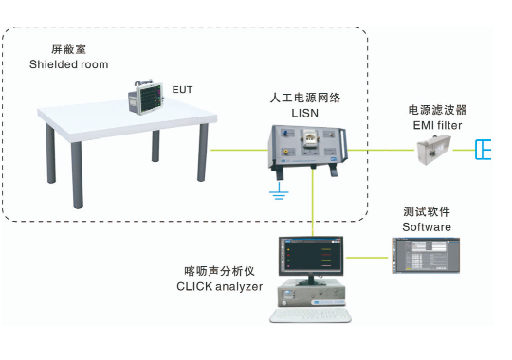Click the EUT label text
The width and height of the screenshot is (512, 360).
[x=182, y=90]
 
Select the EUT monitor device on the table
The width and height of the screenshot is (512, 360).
[x=145, y=97]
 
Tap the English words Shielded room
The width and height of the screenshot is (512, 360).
[x=68, y=64]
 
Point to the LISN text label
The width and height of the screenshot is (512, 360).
[x=304, y=113]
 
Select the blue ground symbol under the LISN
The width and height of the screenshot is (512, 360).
[x=279, y=191]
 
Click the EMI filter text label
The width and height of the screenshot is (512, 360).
[x=437, y=125]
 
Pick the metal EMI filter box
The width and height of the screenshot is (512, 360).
[x=434, y=150]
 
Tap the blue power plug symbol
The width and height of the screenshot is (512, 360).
[x=483, y=150]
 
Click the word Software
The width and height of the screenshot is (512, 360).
[x=427, y=226]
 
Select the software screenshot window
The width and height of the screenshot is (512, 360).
[x=426, y=256]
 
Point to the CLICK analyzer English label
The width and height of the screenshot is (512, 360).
[x=219, y=286]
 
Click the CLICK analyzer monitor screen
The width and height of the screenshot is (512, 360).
[x=311, y=256]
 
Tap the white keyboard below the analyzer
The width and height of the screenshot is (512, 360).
[x=310, y=315]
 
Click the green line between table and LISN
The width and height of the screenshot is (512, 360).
[x=239, y=150]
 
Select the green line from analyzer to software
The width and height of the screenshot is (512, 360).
[x=367, y=258]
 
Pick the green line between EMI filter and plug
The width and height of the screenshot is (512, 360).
[x=464, y=150]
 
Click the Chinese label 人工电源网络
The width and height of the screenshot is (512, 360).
[x=305, y=98]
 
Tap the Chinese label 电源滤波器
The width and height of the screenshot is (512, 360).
[x=437, y=110]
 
